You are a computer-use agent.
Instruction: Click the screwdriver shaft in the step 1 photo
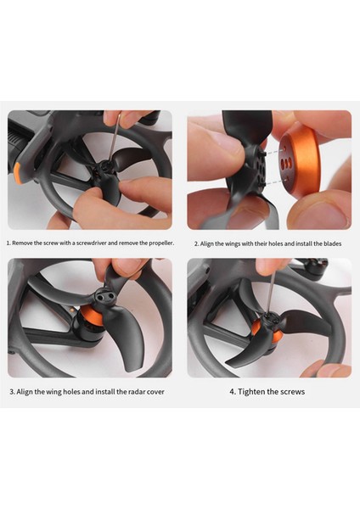(x=115, y=140)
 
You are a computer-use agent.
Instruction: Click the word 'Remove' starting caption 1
(x=23, y=243)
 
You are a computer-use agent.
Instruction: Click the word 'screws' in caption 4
(x=290, y=392)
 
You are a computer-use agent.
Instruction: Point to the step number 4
(x=231, y=392)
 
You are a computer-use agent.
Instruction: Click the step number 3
(x=12, y=392)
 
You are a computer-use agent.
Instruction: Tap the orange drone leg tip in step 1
(x=18, y=175)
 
